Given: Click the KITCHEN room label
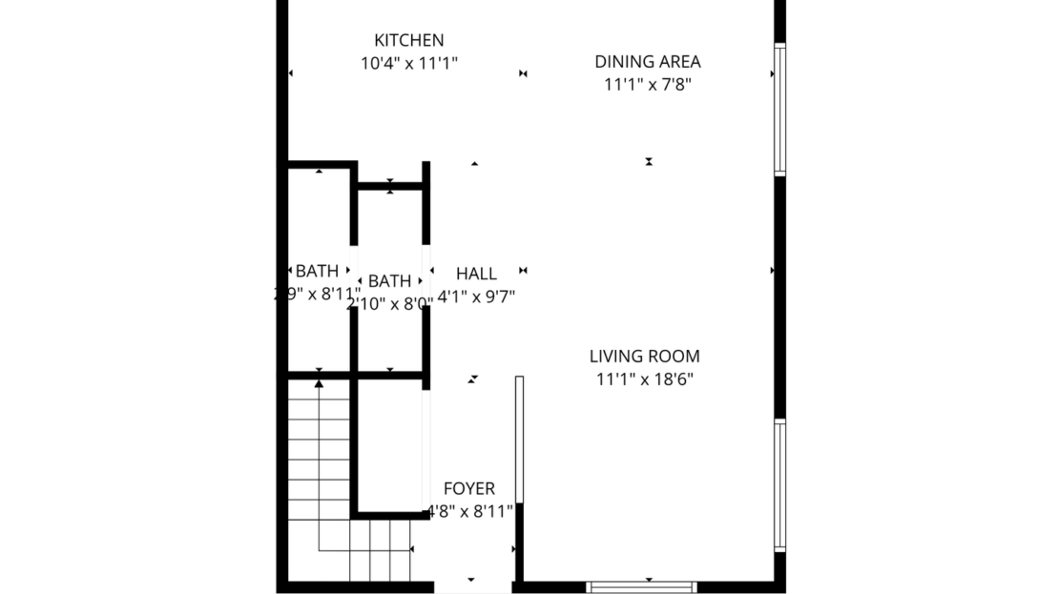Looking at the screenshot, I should [x=408, y=40].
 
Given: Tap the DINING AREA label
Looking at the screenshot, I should [x=647, y=62].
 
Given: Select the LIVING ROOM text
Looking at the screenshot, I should [x=644, y=357].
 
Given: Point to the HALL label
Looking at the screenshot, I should [x=476, y=274].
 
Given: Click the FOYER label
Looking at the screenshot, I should [x=468, y=489].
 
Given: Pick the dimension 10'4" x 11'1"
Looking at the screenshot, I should [x=408, y=64].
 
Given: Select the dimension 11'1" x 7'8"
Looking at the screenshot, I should [x=647, y=85].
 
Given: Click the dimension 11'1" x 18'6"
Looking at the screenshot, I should [x=644, y=379].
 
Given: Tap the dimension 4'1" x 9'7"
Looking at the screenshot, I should [x=476, y=297].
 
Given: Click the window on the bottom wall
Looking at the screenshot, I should [x=641, y=586].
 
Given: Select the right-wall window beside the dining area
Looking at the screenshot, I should [x=779, y=110].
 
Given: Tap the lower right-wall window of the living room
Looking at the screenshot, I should [x=779, y=485].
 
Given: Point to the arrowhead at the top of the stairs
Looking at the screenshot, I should [x=319, y=383].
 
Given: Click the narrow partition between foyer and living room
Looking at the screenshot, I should [x=519, y=439].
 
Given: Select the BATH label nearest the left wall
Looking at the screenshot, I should [x=316, y=272].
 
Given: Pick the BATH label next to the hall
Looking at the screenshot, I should [x=389, y=281].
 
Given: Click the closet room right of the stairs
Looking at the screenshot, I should [x=389, y=443].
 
